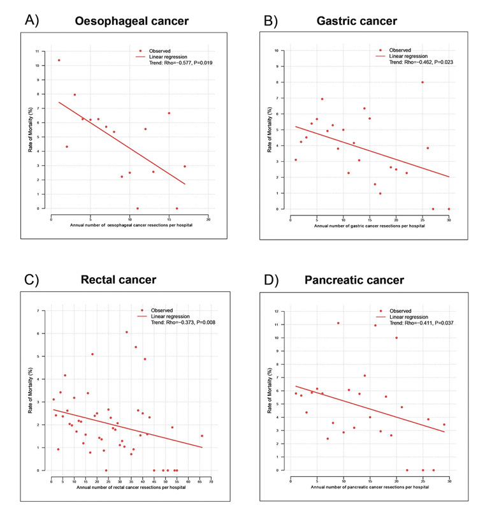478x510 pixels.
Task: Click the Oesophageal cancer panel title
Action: [132, 22]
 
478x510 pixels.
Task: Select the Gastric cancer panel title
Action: [357, 22]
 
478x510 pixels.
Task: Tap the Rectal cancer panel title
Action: [119, 280]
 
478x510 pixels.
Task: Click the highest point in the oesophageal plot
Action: [59, 61]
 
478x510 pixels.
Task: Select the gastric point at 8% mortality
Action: [422, 82]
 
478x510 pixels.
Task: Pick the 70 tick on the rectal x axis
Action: [211, 481]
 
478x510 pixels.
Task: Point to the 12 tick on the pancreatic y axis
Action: [277, 312]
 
